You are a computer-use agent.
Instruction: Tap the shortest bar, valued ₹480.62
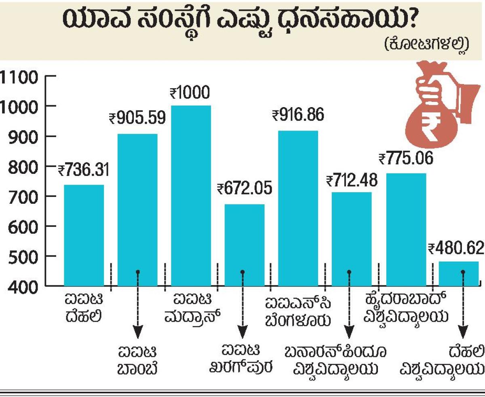click(x=459, y=274)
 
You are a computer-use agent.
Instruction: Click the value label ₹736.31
click(x=84, y=170)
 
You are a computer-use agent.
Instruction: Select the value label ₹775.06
click(x=406, y=158)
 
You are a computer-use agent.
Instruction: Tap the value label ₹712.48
click(x=351, y=179)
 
